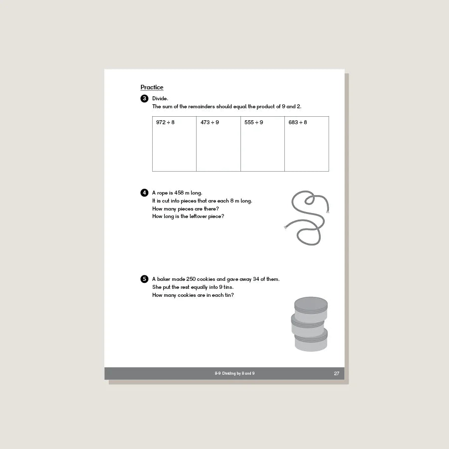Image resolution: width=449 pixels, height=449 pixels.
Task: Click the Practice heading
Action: coord(152,88)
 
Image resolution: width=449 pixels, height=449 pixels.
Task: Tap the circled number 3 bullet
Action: coord(144,98)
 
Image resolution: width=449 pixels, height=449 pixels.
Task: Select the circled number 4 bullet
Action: coord(144,193)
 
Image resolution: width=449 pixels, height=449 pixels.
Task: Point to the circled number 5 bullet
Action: coord(144,279)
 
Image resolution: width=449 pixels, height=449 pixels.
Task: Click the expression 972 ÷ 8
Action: coord(165,122)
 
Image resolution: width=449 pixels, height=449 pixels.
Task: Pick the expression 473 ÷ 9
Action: coord(210,122)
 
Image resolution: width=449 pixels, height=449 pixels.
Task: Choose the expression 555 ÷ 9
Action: coord(253,122)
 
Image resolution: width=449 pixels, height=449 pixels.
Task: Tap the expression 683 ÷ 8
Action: coord(298,122)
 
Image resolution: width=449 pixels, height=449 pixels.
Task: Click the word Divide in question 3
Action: coord(160,98)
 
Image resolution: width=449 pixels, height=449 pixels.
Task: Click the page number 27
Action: coord(336,373)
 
